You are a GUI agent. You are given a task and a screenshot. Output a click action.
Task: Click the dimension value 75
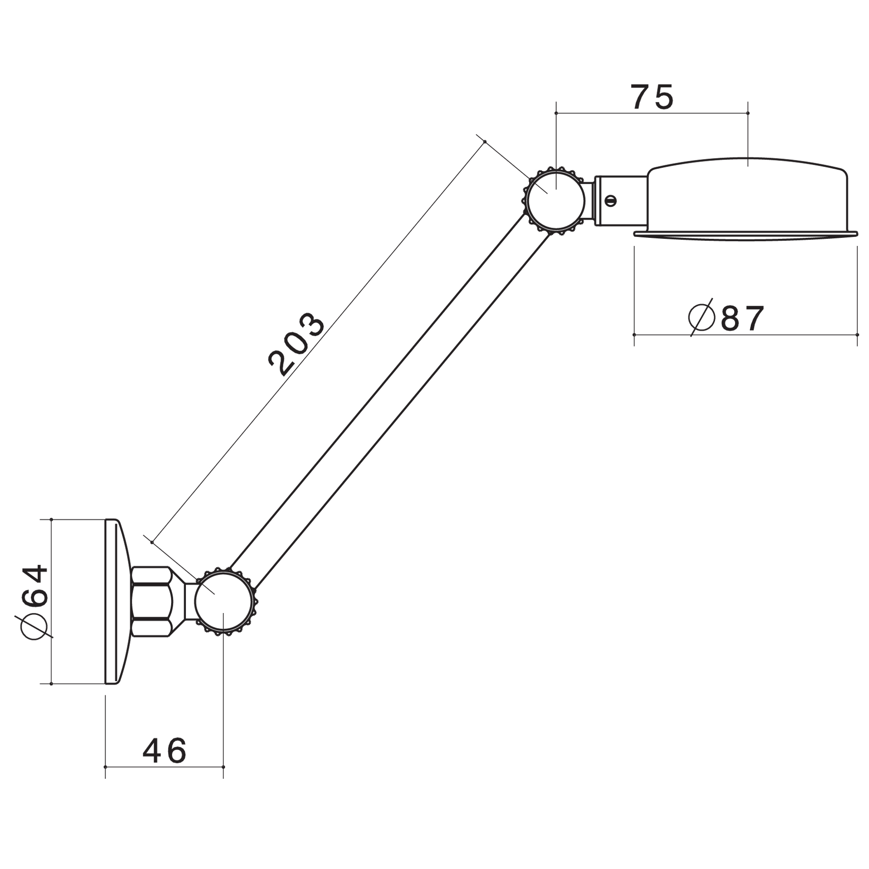click(653, 97)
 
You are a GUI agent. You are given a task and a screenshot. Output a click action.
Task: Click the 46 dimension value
click(165, 750)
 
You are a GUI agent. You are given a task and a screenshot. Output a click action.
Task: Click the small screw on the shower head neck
click(611, 200)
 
